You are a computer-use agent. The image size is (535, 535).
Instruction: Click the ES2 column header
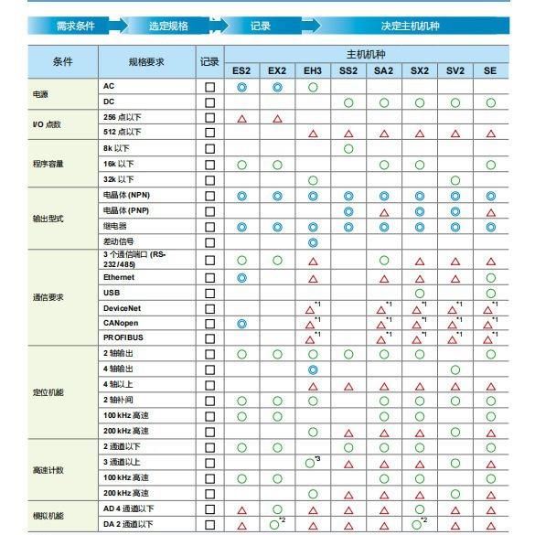click(x=241, y=70)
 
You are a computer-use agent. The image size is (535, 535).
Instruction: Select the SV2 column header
click(x=455, y=70)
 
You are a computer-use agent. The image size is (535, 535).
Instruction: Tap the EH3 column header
click(x=313, y=70)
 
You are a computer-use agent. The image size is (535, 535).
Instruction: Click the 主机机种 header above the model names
click(x=366, y=54)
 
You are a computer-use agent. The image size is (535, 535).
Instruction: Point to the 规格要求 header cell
click(x=145, y=61)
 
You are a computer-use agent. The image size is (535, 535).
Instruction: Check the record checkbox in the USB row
click(x=210, y=293)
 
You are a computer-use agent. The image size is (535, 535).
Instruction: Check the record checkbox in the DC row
click(x=210, y=102)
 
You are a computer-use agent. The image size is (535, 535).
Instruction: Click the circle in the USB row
click(x=420, y=293)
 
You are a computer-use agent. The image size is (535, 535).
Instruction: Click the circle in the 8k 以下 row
click(x=348, y=148)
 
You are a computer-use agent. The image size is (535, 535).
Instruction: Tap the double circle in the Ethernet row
click(x=241, y=276)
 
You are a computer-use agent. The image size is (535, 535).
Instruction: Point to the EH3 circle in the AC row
click(x=313, y=86)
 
